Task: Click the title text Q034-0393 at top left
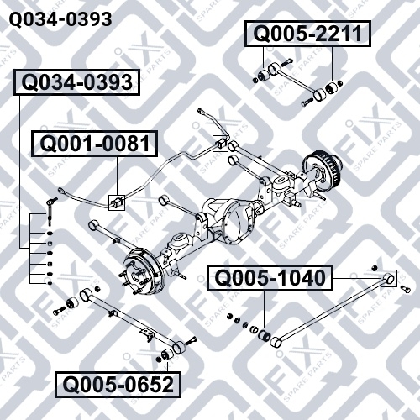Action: pyautogui.click(x=60, y=19)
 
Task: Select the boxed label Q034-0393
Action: pyautogui.click(x=77, y=82)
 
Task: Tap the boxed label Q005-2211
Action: pyautogui.click(x=307, y=34)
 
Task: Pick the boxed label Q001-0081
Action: pyautogui.click(x=95, y=144)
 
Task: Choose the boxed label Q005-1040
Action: pyautogui.click(x=270, y=278)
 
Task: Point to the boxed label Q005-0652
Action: pyautogui.click(x=118, y=385)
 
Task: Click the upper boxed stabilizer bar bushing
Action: pyautogui.click(x=220, y=144)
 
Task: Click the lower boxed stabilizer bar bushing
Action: pyautogui.click(x=117, y=202)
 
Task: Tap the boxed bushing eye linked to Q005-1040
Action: pyautogui.click(x=389, y=278)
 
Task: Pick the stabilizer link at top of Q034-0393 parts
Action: pyautogui.click(x=50, y=211)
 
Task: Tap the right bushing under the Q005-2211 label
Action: pyautogui.click(x=331, y=88)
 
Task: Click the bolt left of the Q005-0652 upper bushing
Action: pyautogui.click(x=59, y=311)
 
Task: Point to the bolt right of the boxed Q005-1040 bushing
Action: pyautogui.click(x=406, y=289)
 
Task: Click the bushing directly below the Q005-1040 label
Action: pyautogui.click(x=265, y=334)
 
